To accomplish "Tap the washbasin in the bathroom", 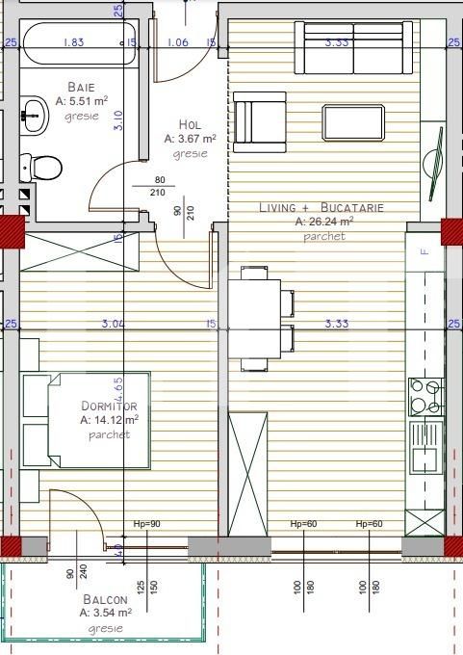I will click(36, 114).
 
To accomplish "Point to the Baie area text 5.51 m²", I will click(82, 100).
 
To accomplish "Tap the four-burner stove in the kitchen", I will click(426, 396).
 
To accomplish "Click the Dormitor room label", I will click(109, 406).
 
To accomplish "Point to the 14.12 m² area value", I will click(109, 420).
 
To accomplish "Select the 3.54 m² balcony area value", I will click(106, 613).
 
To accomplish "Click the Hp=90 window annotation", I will click(146, 524).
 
